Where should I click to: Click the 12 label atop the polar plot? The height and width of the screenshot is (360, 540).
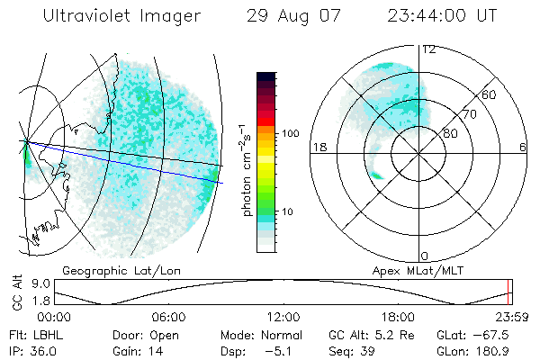[429, 49]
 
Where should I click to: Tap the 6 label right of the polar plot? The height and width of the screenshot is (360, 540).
[523, 146]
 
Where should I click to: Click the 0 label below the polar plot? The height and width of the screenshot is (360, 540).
[426, 256]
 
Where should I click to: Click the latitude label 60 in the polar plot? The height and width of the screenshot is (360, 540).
[490, 94]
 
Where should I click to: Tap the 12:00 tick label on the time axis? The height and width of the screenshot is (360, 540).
[283, 317]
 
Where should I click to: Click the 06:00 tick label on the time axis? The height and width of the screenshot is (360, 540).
[169, 317]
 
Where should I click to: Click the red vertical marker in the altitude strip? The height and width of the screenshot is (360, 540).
[509, 292]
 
